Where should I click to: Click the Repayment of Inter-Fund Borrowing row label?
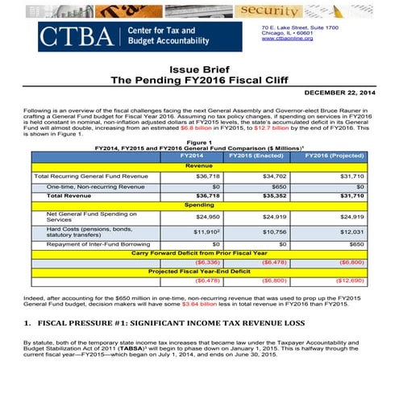pyautogui.click(x=93, y=243)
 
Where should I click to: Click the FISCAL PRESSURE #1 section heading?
pyautogui.click(x=161, y=324)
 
